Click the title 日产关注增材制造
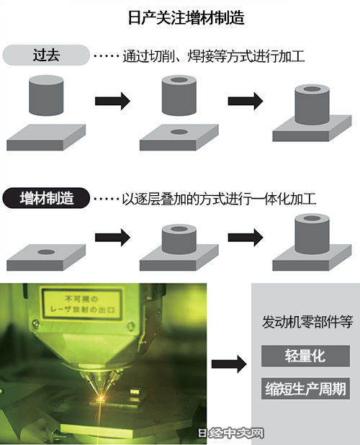click(x=186, y=17)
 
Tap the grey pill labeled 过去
click(x=46, y=55)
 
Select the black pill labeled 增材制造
click(x=46, y=198)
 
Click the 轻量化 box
click(x=305, y=356)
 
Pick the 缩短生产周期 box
click(x=305, y=389)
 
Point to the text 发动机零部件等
click(x=307, y=322)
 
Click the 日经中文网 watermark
click(x=230, y=433)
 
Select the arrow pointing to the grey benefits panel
click(x=229, y=364)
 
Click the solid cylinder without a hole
click(x=46, y=95)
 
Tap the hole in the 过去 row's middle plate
click(x=179, y=132)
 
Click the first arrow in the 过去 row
click(x=112, y=101)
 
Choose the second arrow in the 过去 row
click(x=246, y=101)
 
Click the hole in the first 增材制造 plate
click(x=46, y=252)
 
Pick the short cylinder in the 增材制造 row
click(x=179, y=239)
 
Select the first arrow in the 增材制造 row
click(x=112, y=237)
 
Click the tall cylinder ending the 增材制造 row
click(x=312, y=234)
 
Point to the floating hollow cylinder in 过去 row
click(x=179, y=95)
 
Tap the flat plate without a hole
click(x=46, y=138)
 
